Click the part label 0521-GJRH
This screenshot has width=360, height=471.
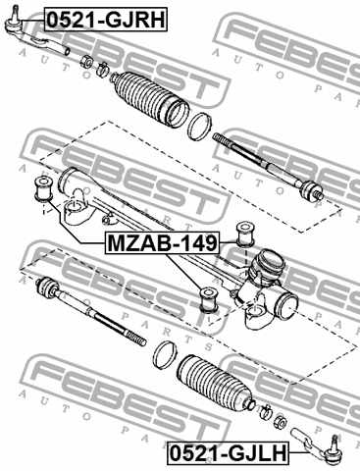[x=106, y=20]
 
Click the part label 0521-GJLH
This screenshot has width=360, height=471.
[x=229, y=453]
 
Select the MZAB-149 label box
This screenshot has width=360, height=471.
[x=162, y=242]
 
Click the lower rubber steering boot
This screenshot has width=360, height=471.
[x=214, y=381]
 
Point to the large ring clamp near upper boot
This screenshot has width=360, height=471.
[x=199, y=127]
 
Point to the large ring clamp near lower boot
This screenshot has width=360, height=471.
[x=165, y=355]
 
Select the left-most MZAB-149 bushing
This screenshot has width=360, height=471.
[x=43, y=188]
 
